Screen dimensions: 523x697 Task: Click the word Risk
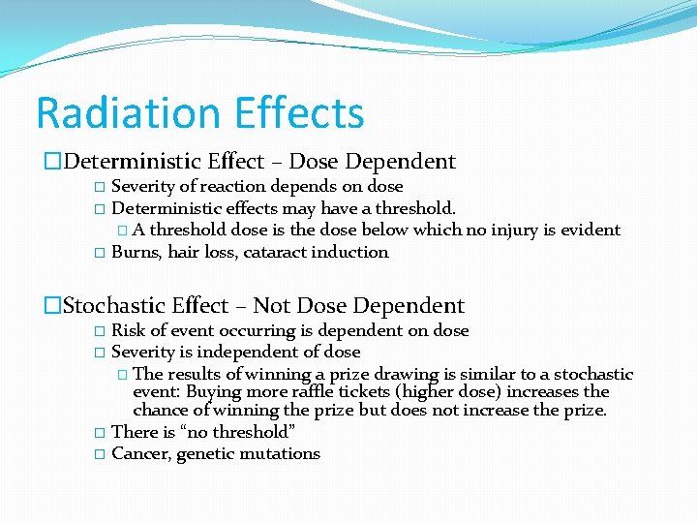point(128,331)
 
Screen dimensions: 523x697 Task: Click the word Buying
point(213,392)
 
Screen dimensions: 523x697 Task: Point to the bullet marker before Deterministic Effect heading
point(54,162)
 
